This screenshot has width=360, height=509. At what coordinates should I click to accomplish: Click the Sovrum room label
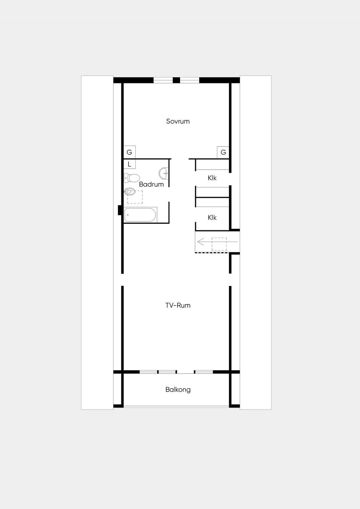point(178,121)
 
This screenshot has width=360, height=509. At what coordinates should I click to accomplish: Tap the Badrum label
point(152,184)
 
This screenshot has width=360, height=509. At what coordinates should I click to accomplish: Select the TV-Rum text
point(178,305)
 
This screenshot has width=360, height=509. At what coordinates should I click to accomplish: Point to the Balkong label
point(178,390)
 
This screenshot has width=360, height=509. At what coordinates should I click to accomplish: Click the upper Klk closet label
point(212,178)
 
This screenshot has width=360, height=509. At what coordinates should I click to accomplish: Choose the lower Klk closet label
point(212,218)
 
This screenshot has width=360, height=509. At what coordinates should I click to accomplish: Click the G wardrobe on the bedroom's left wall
point(129,152)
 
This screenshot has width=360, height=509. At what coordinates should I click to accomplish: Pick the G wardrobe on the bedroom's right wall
point(223,152)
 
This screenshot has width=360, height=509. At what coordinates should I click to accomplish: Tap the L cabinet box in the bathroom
point(129,164)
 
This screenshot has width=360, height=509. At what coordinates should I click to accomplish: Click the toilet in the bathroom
point(132,178)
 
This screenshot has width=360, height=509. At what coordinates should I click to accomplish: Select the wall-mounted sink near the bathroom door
point(163,173)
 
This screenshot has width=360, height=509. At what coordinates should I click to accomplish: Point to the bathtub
point(141,215)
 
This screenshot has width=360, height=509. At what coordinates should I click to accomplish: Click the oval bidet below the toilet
point(129,192)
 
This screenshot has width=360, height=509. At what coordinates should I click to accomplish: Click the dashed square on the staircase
point(219,244)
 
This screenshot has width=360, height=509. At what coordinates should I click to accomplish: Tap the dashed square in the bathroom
point(135,197)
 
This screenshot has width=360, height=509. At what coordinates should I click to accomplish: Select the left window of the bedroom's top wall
point(163,80)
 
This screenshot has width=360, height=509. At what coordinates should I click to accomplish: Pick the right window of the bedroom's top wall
point(189,80)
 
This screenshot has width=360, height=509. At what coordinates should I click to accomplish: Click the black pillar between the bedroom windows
point(176,80)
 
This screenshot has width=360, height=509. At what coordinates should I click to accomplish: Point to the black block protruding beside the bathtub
point(120,210)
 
